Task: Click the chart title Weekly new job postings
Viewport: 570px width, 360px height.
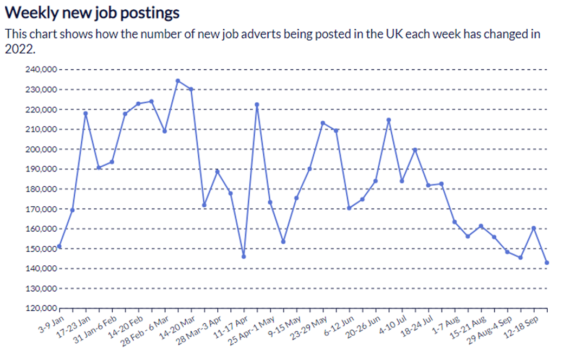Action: pos(92,12)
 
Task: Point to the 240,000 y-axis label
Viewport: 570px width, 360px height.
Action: pos(41,70)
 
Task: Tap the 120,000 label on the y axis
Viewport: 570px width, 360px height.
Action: pos(41,309)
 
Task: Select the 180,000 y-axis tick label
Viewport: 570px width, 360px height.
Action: pos(41,189)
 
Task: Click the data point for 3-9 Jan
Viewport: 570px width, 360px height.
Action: pos(59,246)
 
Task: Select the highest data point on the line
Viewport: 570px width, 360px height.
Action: pos(178,81)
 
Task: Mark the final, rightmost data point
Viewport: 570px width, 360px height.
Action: pos(547,263)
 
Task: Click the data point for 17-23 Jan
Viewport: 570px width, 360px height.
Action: pos(86,113)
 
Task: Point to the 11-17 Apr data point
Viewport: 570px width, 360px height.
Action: pos(244,257)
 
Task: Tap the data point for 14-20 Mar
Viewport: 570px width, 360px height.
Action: pos(191,89)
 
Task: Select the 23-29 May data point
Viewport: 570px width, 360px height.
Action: pos(323,123)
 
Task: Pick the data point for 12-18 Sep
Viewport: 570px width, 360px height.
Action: pos(534,228)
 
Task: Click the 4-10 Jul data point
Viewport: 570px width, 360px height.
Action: pos(402,181)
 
